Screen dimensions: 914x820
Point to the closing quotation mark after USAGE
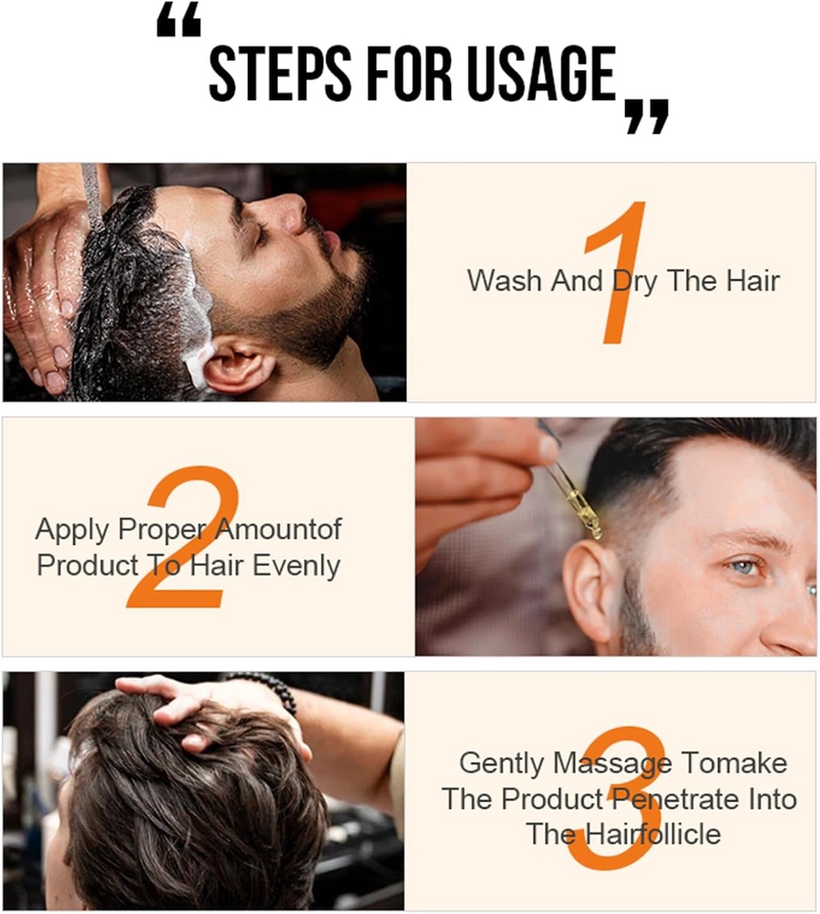(646, 117)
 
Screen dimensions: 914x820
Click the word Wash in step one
(505, 280)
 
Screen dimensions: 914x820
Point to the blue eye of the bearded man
(744, 567)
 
